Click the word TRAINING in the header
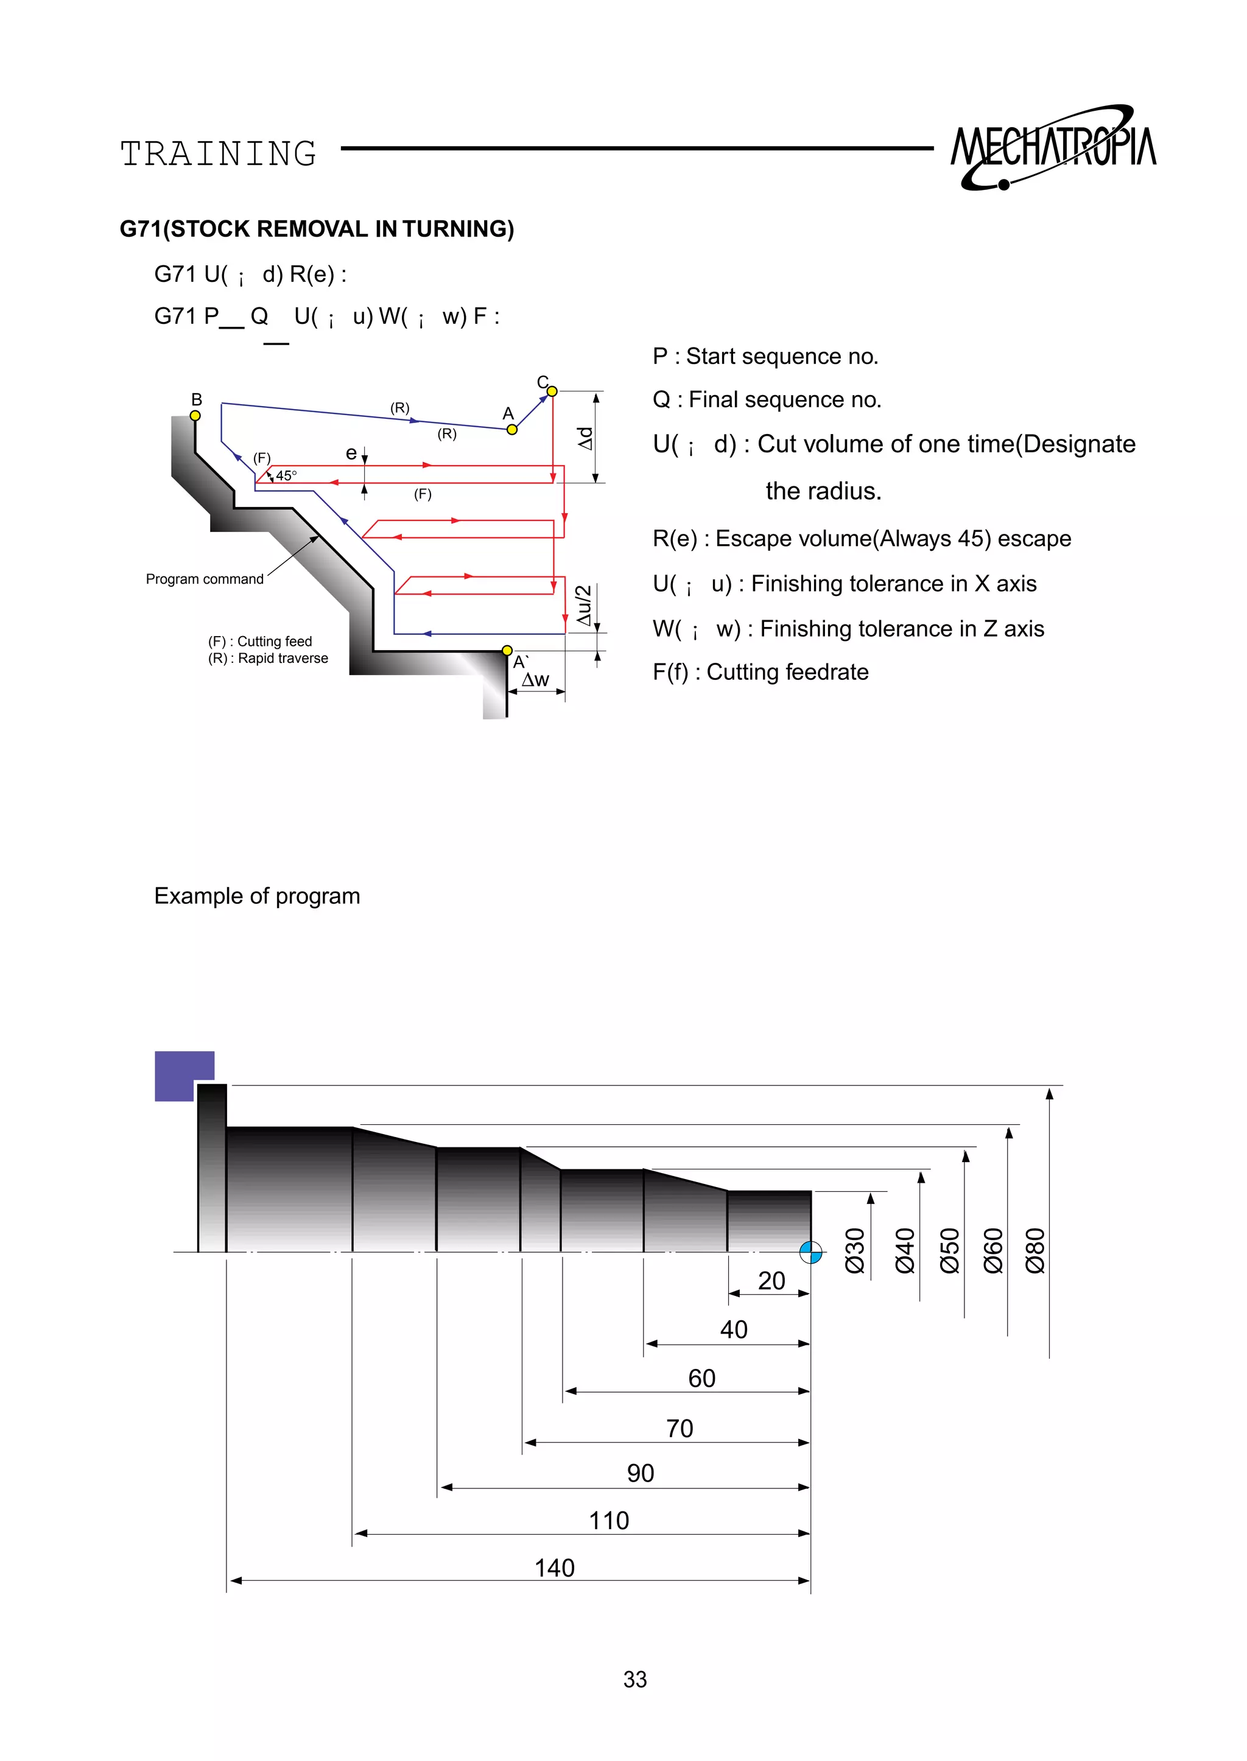219,154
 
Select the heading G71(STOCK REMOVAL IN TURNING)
317,229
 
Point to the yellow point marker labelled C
551,391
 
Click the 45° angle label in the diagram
286,476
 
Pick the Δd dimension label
585,438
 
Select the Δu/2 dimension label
585,605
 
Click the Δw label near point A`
535,679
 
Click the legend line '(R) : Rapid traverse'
268,658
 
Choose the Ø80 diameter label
1035,1250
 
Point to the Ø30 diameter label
855,1250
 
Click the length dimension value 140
555,1567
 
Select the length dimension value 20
771,1281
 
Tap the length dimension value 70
680,1428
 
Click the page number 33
635,1679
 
